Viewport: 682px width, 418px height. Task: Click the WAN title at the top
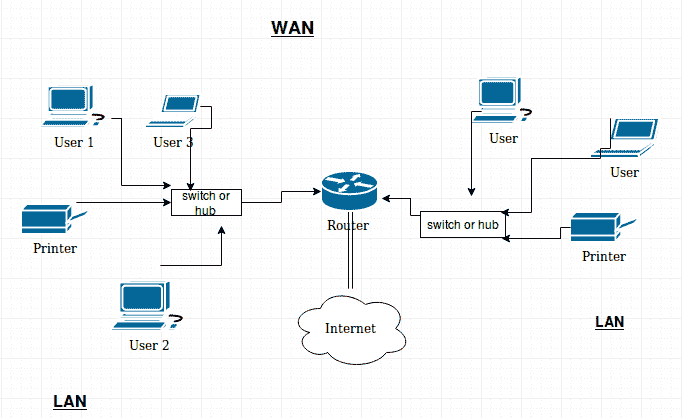coord(292,27)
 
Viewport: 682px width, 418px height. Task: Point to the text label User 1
coord(73,142)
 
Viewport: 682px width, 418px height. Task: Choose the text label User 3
coord(173,142)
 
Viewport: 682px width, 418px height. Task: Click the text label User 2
coord(149,345)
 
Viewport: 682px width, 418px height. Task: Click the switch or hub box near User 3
coord(205,203)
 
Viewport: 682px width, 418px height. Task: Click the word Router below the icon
coord(348,225)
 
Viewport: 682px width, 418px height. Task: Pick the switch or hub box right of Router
coord(462,225)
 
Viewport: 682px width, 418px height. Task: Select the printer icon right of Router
coord(600,229)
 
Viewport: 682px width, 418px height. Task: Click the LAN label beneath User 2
coord(70,401)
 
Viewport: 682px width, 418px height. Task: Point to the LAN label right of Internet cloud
coord(609,321)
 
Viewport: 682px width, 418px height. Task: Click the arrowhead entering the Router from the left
coord(314,189)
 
